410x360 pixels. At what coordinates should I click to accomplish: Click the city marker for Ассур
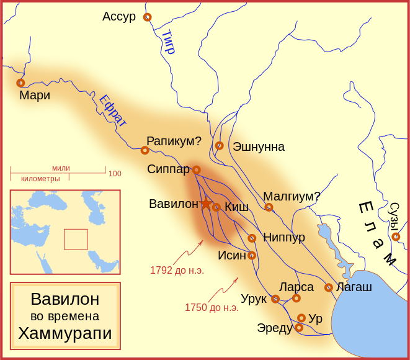coord(147,17)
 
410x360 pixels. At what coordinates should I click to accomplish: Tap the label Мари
coord(35,96)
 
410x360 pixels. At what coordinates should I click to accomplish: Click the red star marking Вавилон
coord(206,204)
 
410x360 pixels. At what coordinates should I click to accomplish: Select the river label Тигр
coord(169,42)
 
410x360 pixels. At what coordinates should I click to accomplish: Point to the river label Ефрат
coord(112,110)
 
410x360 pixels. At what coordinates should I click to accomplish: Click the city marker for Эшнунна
coord(219,146)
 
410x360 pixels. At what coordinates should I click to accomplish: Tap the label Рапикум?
coord(174,141)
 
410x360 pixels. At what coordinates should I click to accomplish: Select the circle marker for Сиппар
coord(196,169)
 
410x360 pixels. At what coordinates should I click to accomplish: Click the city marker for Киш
coord(216,207)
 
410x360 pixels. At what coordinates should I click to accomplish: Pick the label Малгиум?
coord(292,196)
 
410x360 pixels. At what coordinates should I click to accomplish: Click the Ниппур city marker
coord(252,238)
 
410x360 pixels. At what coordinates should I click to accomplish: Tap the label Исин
coord(232,255)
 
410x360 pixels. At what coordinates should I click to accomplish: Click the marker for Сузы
coord(396,236)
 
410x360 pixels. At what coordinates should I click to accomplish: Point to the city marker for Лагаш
coord(329,287)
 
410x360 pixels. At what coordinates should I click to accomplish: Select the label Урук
coord(254,299)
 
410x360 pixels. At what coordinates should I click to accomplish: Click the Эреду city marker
coord(299,328)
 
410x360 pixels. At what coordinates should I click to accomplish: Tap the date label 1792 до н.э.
coord(177,270)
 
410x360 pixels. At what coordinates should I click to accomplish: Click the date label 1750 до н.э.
coord(212,307)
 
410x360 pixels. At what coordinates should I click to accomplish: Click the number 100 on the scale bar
coord(115,174)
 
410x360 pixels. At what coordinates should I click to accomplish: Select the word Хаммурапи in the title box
coord(65,333)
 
